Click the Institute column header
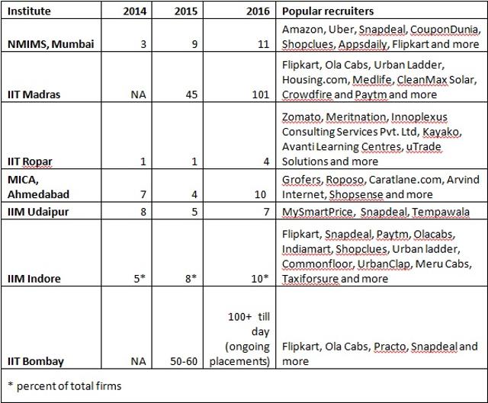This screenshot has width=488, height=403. pos(29,11)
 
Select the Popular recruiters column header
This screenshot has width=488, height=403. pos(328,11)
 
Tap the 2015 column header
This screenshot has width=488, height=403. pos(186,11)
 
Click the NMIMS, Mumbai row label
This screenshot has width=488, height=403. pos(51,44)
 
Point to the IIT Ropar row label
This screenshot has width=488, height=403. pos(30,162)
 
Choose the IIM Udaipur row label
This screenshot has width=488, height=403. pos(38,212)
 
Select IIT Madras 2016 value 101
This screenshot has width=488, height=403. pos(261,94)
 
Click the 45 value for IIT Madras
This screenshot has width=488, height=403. pos(191,94)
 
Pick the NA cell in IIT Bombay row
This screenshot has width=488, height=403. pos(139,361)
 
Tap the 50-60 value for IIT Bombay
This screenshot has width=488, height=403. pos(184,361)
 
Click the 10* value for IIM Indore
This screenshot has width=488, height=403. pos(260,279)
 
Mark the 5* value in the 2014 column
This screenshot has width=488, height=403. pos(140,279)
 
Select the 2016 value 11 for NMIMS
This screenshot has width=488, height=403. pos(264,44)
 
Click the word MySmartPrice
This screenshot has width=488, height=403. pos(317,212)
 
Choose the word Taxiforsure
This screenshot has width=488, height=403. pos(310,279)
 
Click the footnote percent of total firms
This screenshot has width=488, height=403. pos(69,386)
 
